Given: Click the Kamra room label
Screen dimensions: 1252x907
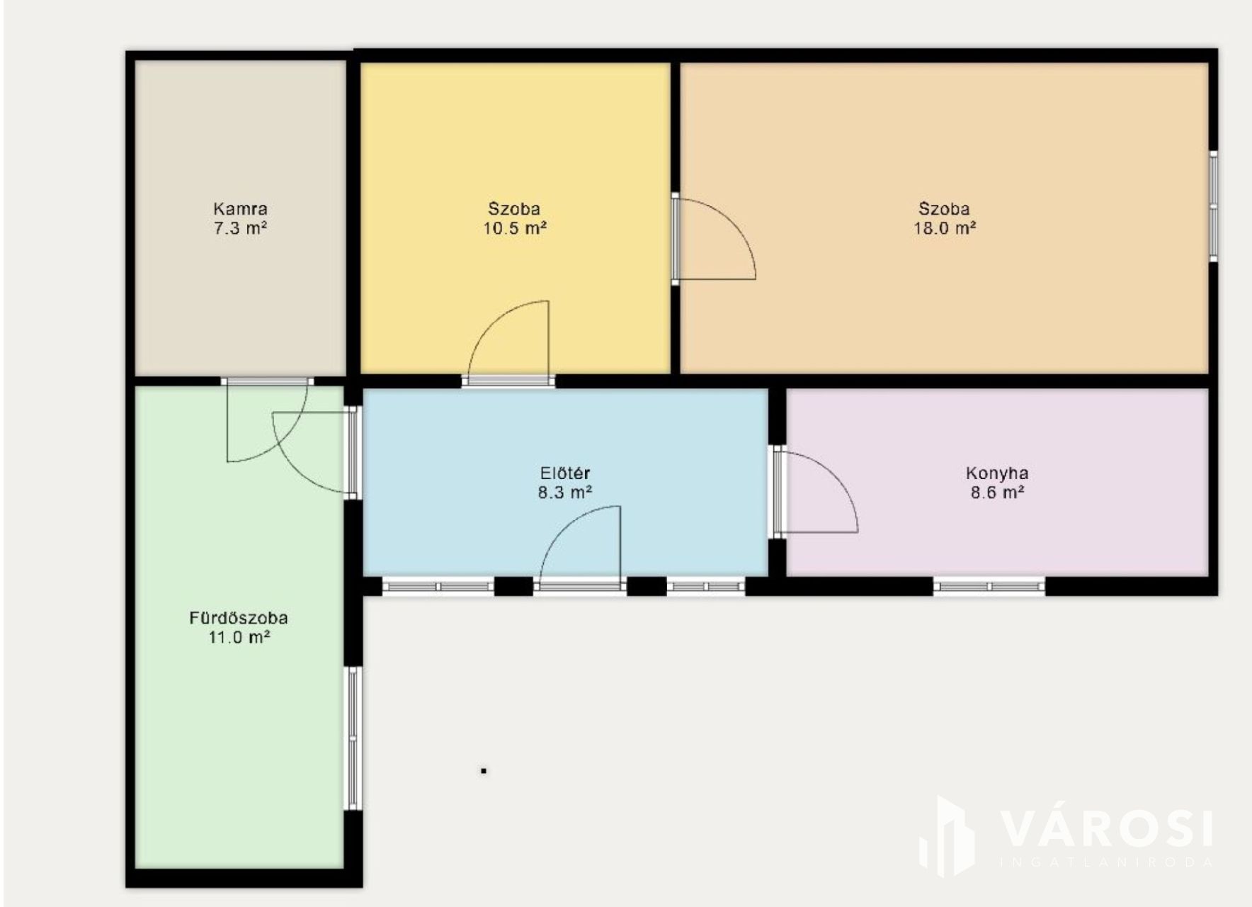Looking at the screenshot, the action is (240, 209).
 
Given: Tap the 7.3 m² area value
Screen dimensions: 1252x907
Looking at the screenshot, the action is (240, 228).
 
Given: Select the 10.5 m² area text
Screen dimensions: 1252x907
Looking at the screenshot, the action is (515, 228).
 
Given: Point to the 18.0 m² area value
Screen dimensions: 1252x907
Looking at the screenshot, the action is (945, 228).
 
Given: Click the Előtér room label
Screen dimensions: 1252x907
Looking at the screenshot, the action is (565, 473).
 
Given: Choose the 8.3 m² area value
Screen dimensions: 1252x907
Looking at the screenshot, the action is (565, 492).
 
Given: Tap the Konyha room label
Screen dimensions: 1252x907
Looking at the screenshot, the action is (997, 473).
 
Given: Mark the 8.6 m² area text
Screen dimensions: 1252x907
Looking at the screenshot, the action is (997, 492).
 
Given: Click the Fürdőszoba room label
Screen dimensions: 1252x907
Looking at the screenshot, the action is (239, 618).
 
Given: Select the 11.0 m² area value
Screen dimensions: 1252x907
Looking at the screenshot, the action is (239, 637).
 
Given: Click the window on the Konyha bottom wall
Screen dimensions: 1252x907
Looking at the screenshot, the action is (989, 586).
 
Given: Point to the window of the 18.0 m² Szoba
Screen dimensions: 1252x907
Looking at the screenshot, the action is (1213, 205).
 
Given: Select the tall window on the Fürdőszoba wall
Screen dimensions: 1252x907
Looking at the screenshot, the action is (353, 738).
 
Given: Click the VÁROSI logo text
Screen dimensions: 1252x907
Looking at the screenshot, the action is (1106, 829).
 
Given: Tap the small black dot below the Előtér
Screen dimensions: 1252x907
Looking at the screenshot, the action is (484, 770).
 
